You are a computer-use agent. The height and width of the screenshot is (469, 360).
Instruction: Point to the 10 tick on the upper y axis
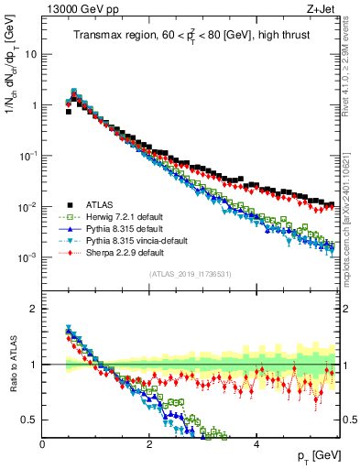32,54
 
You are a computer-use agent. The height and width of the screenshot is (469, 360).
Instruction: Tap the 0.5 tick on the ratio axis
30,420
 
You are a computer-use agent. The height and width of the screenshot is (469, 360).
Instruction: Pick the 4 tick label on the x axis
256,444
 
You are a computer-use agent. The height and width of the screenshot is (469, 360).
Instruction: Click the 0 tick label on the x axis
43,444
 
